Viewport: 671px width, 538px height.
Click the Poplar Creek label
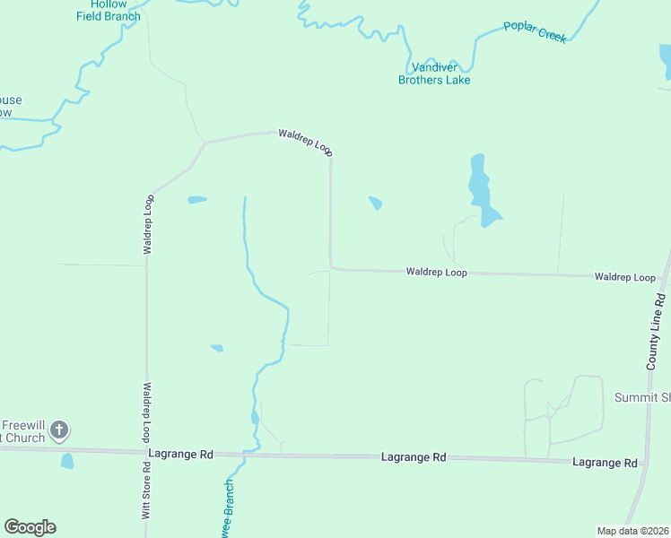(x=535, y=31)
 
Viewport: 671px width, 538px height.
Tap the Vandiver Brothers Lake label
(x=434, y=74)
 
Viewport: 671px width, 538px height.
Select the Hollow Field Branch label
(x=109, y=11)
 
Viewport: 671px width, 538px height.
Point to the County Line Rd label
(x=656, y=330)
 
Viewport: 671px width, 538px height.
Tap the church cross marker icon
(x=59, y=430)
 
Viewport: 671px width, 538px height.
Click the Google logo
(x=30, y=527)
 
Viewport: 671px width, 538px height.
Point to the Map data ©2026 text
(x=632, y=531)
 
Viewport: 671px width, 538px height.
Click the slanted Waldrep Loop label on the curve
(x=305, y=143)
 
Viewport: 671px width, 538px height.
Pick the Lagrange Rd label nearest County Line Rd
(x=605, y=463)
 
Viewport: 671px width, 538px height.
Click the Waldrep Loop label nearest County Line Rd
(x=624, y=278)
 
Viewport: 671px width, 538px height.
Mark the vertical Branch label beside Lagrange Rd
(x=228, y=508)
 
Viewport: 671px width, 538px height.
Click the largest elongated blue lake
(x=481, y=189)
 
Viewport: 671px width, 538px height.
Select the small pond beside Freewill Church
(x=67, y=461)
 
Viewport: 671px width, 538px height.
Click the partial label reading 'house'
(x=11, y=100)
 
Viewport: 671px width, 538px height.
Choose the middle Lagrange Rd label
(x=413, y=457)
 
